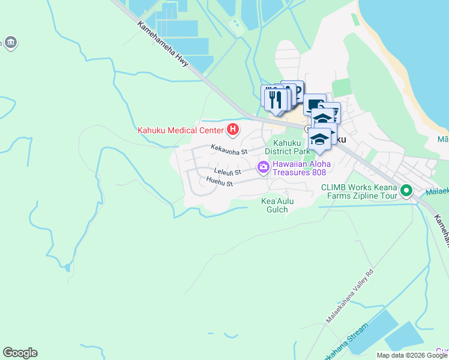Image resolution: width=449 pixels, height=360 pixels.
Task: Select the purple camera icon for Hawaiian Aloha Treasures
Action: tap(263, 167)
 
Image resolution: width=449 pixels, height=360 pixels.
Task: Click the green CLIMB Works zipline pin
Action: tap(406, 191)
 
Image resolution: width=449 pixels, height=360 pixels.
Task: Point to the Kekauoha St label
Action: tap(229, 152)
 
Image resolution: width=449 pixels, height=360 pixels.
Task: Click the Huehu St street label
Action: tap(218, 181)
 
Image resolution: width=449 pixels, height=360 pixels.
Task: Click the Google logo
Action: tap(20, 353)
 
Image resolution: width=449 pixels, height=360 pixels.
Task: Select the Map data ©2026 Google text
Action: tap(412, 355)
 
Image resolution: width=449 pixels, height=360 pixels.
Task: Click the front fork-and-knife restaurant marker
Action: tap(276, 100)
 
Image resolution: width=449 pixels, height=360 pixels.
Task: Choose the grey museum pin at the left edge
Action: tap(10, 43)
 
